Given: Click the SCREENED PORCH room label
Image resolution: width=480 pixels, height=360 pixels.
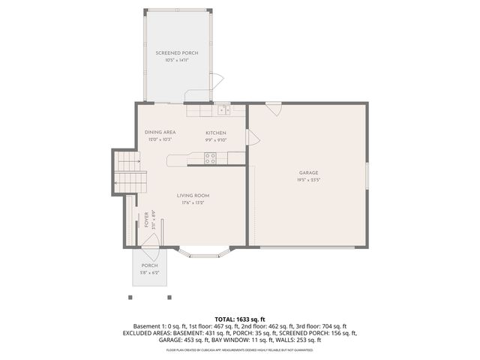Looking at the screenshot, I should point(172,53).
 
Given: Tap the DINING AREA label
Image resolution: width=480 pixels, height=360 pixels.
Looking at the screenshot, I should point(160,132).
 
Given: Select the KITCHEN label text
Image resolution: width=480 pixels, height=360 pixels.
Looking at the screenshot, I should point(216,132).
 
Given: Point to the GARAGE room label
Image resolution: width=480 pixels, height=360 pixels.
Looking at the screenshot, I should point(307,172).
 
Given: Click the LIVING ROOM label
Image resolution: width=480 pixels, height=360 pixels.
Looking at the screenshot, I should point(192,196).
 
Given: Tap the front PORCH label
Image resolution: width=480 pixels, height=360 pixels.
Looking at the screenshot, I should point(149,265).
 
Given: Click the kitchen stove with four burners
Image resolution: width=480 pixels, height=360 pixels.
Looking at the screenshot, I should point(211,157).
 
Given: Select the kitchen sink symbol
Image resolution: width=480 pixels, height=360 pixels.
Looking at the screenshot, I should point(223,110).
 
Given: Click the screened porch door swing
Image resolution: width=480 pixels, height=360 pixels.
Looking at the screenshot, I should point(215,82).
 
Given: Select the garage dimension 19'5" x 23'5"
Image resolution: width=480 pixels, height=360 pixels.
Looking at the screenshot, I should point(307,180).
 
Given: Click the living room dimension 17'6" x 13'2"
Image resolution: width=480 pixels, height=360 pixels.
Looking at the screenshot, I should point(192,202).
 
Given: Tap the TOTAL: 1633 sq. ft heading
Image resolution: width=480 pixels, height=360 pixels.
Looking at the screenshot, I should point(240,319).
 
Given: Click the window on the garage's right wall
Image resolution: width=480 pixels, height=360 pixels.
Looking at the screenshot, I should point(367,177).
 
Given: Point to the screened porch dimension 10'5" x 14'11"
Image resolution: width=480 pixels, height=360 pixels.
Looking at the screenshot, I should point(172,60).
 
